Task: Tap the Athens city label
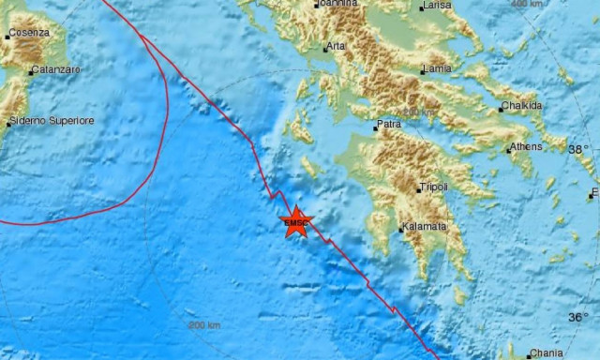[x=526, y=146]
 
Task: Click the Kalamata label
[x=425, y=227]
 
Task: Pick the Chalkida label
[x=523, y=106]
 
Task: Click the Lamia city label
[x=439, y=68]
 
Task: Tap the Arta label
[x=336, y=47]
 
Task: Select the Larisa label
[x=438, y=6]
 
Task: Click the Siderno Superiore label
[x=52, y=121]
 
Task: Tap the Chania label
[x=546, y=353]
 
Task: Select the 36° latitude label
[x=578, y=318]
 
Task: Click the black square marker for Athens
[x=509, y=148]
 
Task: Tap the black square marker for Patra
[x=375, y=127]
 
